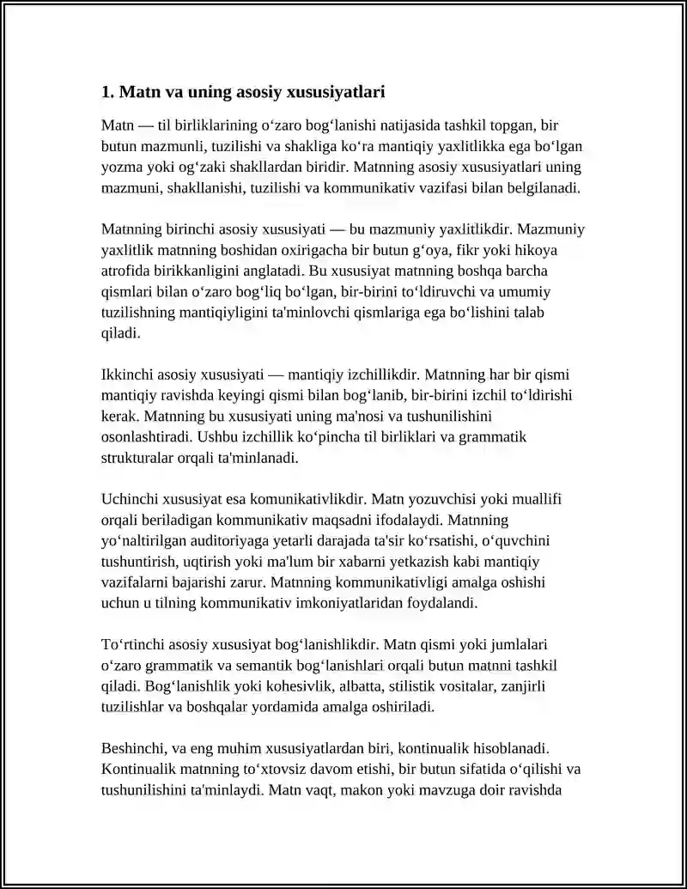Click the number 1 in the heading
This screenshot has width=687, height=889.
point(106,91)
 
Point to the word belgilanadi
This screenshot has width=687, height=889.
point(541,186)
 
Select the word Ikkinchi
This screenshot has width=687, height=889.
point(126,374)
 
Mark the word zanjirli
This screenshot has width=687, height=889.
point(523,686)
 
